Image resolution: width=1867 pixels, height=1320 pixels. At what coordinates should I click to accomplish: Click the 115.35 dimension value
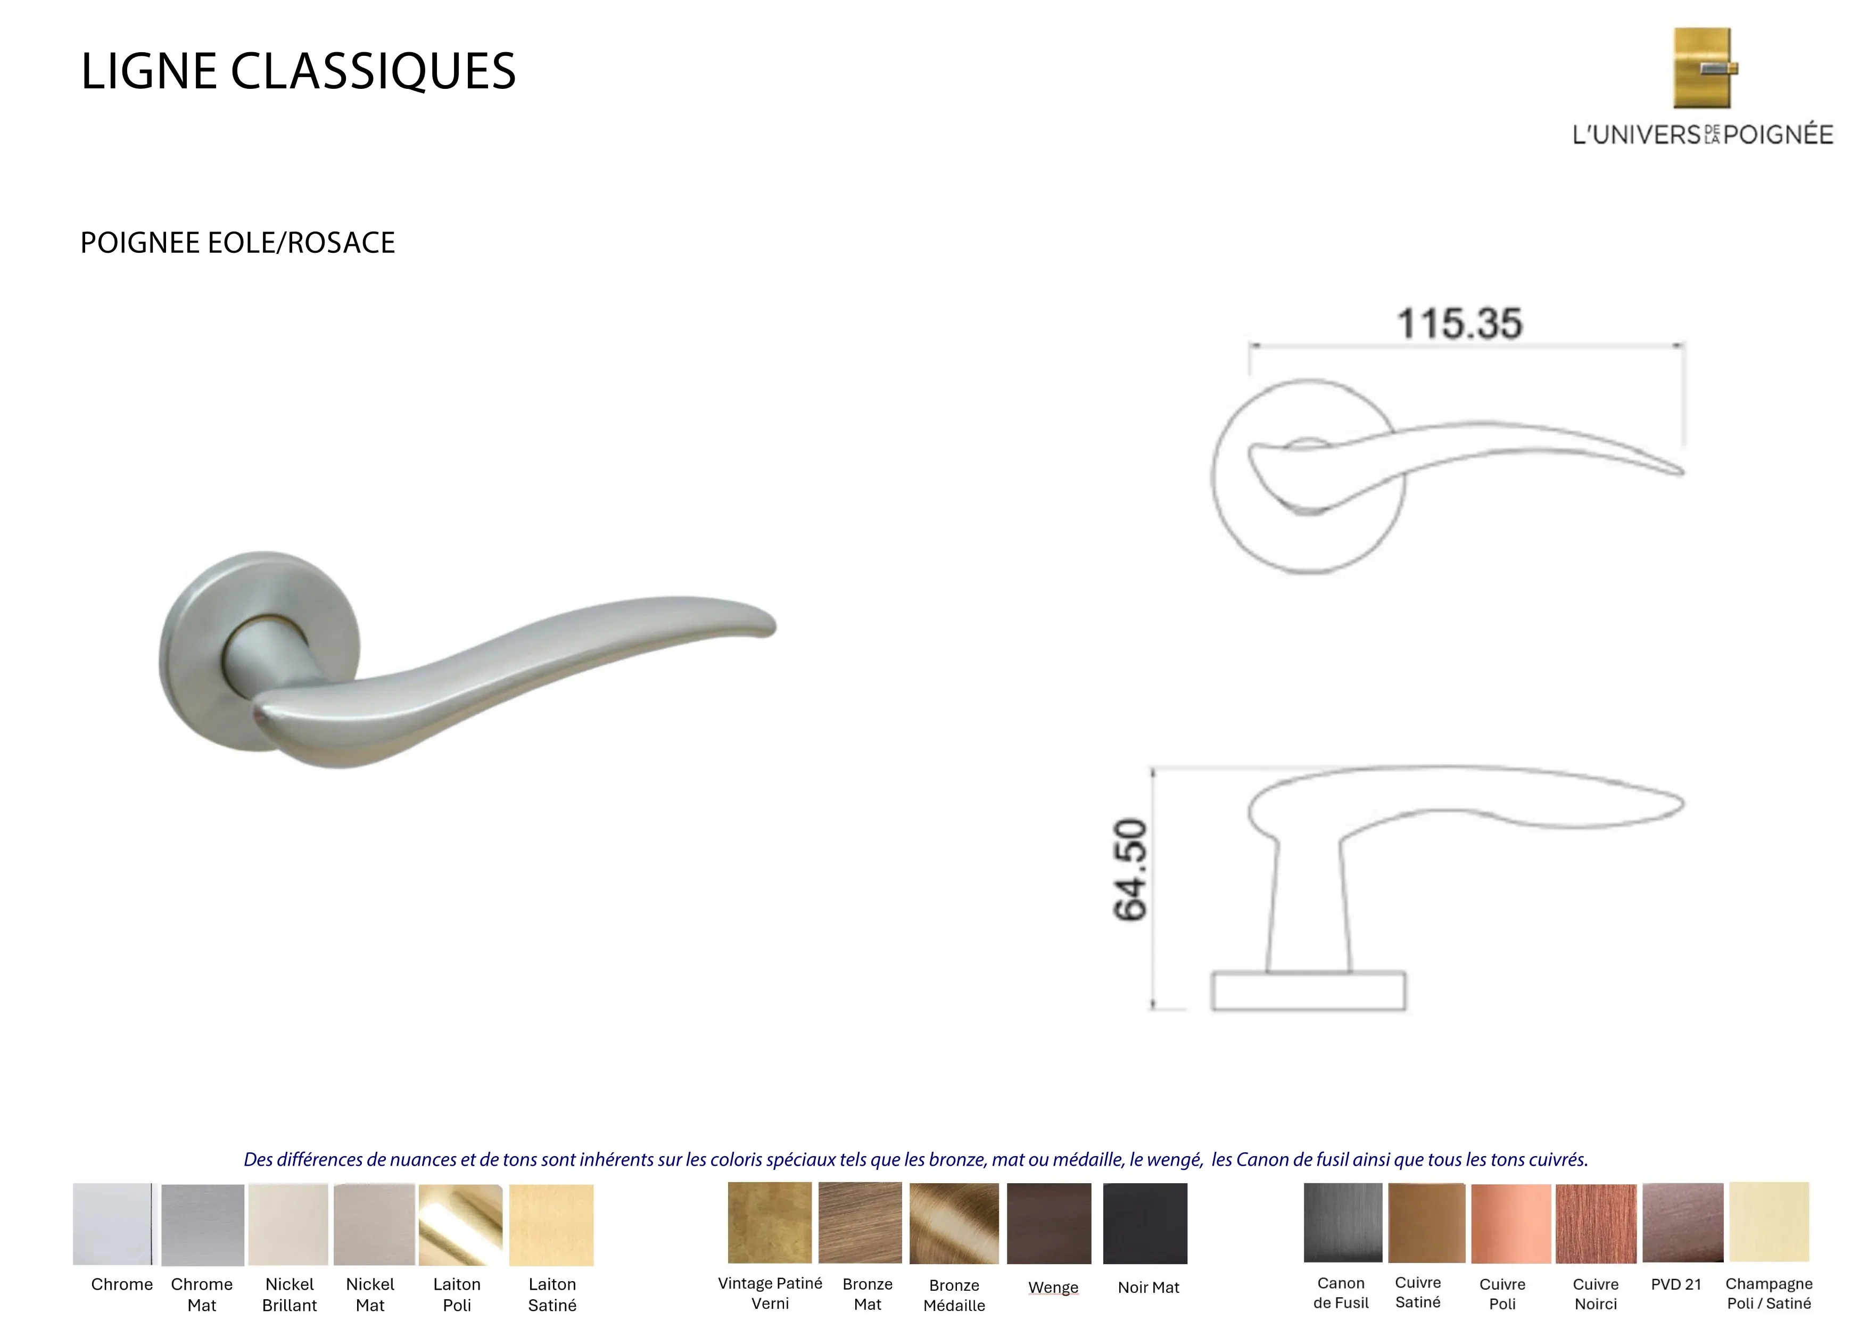point(1460,324)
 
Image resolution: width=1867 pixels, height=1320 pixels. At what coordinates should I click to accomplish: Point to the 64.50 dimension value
point(1130,870)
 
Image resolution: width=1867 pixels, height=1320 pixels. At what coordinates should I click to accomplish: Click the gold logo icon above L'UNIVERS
point(1704,68)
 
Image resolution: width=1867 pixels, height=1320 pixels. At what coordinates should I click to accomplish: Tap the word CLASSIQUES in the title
point(373,71)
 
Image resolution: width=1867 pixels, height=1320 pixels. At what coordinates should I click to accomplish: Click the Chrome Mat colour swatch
point(202,1225)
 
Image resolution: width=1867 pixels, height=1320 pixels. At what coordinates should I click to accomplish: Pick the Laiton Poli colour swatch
point(460,1225)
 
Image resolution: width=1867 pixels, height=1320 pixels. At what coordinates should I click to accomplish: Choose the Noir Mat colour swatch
point(1145,1223)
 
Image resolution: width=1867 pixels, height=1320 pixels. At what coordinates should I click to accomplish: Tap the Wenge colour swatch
point(1049,1223)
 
